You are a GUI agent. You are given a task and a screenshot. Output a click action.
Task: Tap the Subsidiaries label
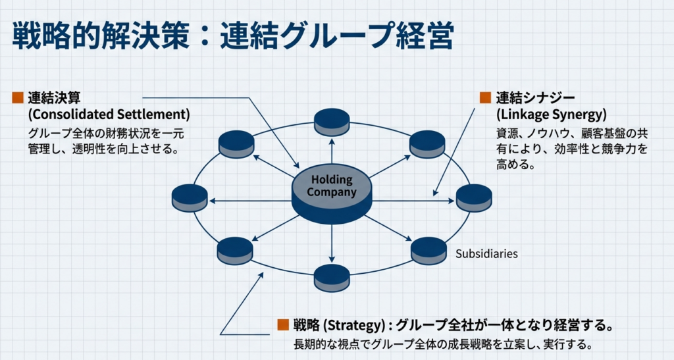tap(486, 253)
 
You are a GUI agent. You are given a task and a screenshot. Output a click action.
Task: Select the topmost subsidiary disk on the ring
tap(332, 122)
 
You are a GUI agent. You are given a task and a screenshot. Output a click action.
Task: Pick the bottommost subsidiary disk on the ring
tap(332, 277)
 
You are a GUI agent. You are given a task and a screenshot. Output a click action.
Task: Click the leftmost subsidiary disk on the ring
tap(190, 198)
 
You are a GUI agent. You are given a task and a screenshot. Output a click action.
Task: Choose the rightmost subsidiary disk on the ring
tap(474, 197)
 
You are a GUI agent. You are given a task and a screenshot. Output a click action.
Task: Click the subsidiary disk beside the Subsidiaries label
tap(428, 250)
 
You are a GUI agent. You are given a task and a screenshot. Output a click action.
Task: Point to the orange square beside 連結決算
tap(18, 98)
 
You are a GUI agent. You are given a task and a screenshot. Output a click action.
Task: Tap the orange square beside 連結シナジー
tap(485, 98)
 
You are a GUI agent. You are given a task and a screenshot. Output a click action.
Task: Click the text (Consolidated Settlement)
tap(109, 114)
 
